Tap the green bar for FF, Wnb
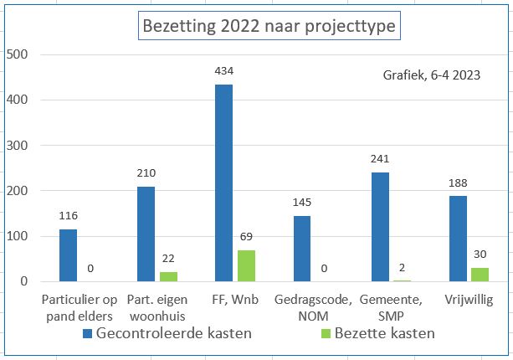click(246, 265)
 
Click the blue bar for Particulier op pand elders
click(68, 255)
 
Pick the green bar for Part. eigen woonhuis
click(168, 276)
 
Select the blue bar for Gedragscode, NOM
click(301, 248)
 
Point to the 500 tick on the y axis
click(18, 54)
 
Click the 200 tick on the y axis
click(18, 191)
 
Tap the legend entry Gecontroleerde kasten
click(167, 333)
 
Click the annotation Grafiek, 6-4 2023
click(430, 75)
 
